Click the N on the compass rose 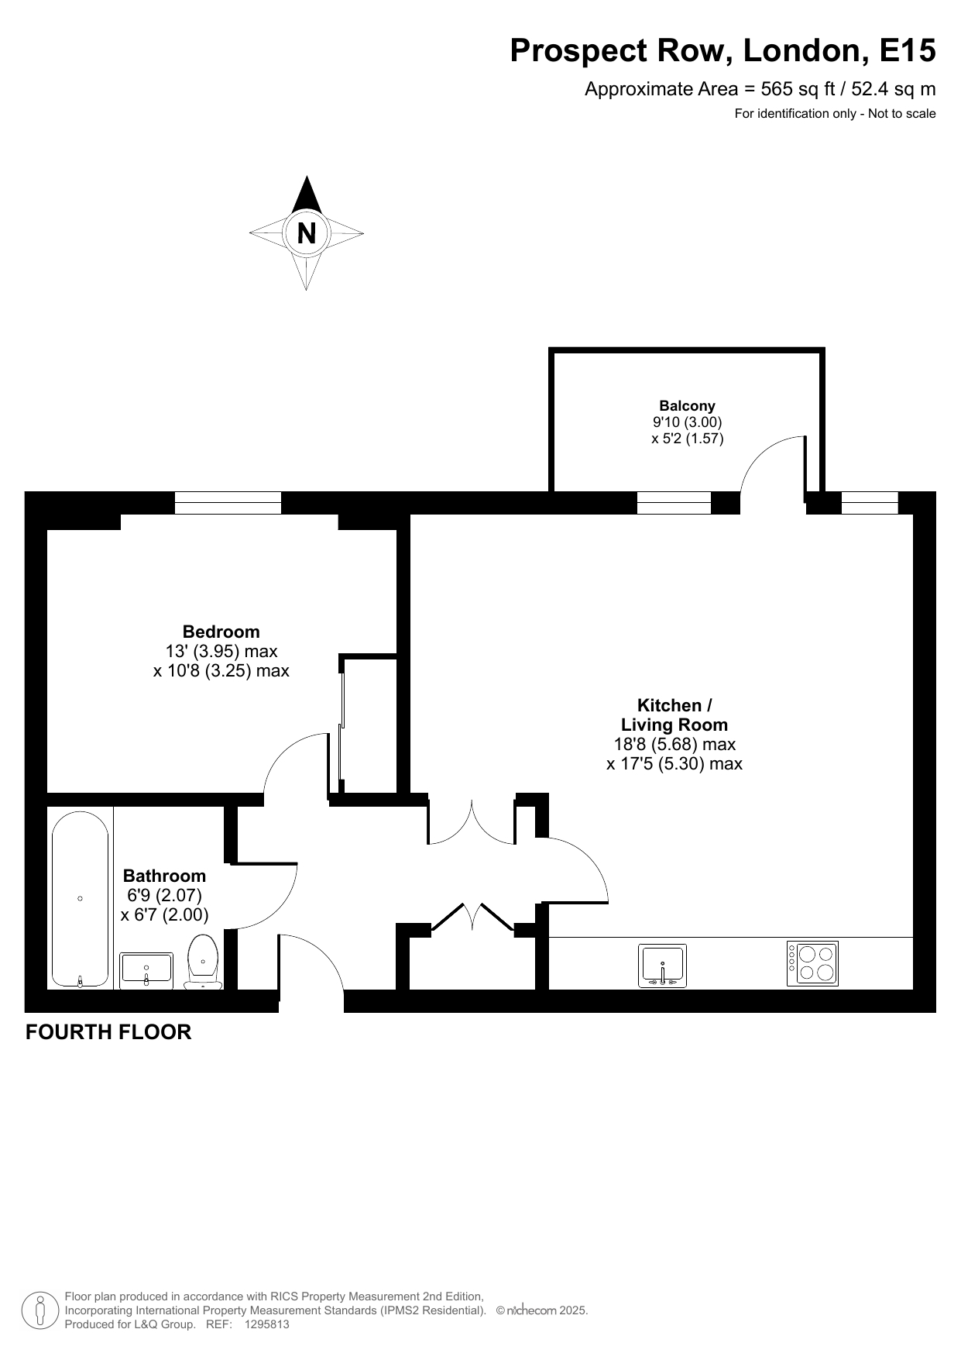pyautogui.click(x=307, y=233)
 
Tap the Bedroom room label pyautogui.click(x=221, y=632)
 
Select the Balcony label pyautogui.click(x=687, y=405)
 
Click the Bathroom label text pyautogui.click(x=165, y=876)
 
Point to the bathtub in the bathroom pyautogui.click(x=81, y=899)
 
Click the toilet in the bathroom pyautogui.click(x=203, y=962)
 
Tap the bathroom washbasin pyautogui.click(x=146, y=969)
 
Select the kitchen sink pyautogui.click(x=662, y=966)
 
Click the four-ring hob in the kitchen pyautogui.click(x=812, y=963)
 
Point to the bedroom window pyautogui.click(x=228, y=503)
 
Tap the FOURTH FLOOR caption pyautogui.click(x=108, y=1032)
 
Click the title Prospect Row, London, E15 pyautogui.click(x=722, y=51)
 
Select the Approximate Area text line pyautogui.click(x=760, y=89)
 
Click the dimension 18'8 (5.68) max pyautogui.click(x=674, y=745)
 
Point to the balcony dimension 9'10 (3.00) pyautogui.click(x=687, y=422)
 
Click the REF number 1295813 pyautogui.click(x=266, y=1324)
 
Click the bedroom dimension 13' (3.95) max pyautogui.click(x=221, y=651)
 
